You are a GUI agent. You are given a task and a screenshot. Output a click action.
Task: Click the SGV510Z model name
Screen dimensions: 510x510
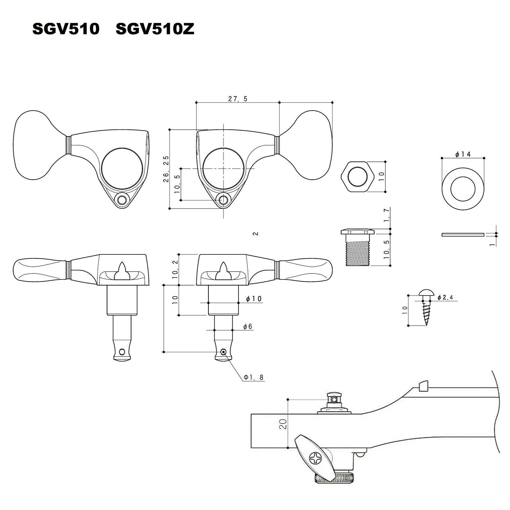pos(155,30)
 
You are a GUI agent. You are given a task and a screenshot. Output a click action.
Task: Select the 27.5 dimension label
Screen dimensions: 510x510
pos(238,99)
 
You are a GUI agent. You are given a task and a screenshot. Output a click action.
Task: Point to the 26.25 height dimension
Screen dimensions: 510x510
pos(166,169)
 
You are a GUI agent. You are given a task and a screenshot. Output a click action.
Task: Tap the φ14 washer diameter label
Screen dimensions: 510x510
pos(463,154)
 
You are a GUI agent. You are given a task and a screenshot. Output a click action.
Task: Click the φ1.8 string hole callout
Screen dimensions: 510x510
pos(254,377)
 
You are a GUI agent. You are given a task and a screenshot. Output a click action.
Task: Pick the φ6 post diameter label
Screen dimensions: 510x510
pos(248,326)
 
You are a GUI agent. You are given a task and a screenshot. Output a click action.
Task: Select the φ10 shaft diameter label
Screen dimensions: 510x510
pos(254,299)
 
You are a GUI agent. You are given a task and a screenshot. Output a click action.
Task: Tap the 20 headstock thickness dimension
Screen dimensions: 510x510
pos(283,424)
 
